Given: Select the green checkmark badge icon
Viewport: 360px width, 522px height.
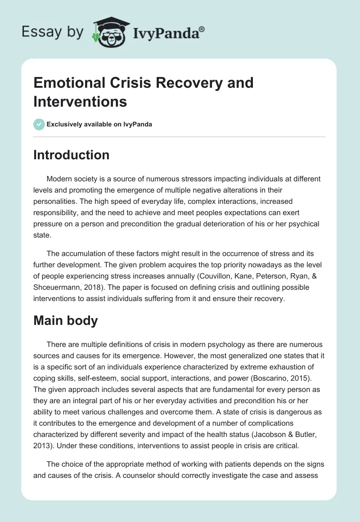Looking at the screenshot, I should (39, 124).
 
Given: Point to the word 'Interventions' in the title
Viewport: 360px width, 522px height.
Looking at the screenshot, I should (80, 101).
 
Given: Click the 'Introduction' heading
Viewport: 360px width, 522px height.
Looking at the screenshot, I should (71, 155).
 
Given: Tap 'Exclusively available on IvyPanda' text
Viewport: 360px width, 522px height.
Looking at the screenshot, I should (100, 124).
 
